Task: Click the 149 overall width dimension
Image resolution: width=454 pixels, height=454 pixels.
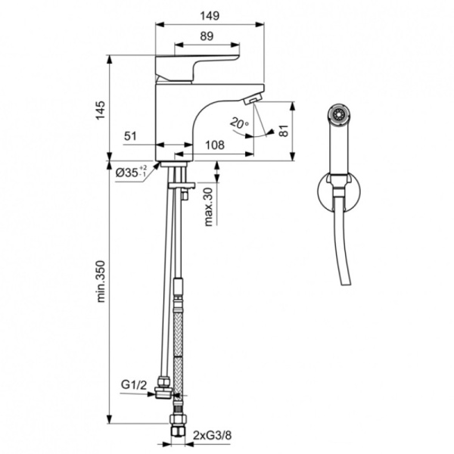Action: pyautogui.click(x=210, y=13)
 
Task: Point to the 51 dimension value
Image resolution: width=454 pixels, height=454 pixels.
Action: pyautogui.click(x=129, y=136)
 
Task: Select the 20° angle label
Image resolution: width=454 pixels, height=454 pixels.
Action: pyautogui.click(x=240, y=123)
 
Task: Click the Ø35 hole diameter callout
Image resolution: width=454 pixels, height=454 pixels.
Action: pyautogui.click(x=131, y=173)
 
